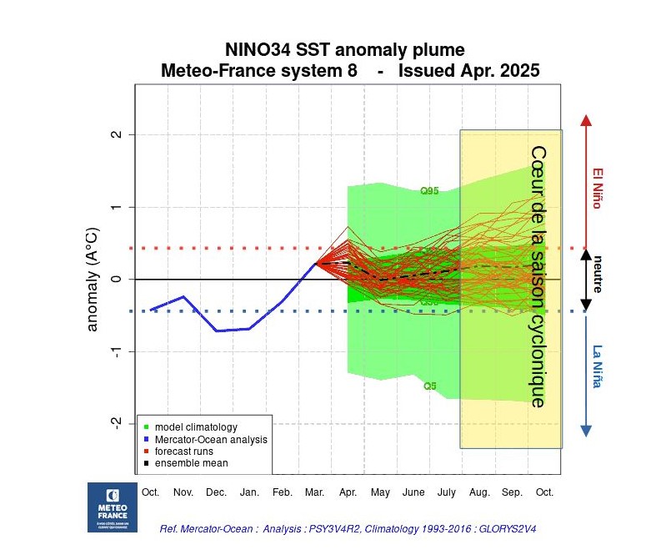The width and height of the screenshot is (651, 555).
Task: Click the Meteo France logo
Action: click(x=113, y=507)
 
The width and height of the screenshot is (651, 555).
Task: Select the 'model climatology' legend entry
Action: click(x=189, y=427)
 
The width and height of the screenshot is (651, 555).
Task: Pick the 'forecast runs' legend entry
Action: click(x=185, y=451)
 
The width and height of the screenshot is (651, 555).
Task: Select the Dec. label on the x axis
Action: click(x=216, y=492)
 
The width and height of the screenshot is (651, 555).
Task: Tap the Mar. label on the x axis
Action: click(x=314, y=492)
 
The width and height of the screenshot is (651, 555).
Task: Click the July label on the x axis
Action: click(x=446, y=492)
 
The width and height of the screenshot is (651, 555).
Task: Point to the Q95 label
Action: click(x=429, y=191)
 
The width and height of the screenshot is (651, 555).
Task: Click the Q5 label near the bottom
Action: click(x=429, y=386)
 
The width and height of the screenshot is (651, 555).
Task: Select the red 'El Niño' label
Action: click(x=598, y=189)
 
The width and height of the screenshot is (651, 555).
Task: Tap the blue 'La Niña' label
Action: click(x=598, y=366)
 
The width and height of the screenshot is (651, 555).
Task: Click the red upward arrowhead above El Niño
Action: click(x=586, y=120)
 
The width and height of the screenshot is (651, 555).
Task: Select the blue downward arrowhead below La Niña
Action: click(x=586, y=431)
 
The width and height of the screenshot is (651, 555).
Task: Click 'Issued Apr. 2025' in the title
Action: click(x=468, y=71)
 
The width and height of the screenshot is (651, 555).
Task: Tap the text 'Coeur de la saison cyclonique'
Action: click(x=538, y=277)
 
